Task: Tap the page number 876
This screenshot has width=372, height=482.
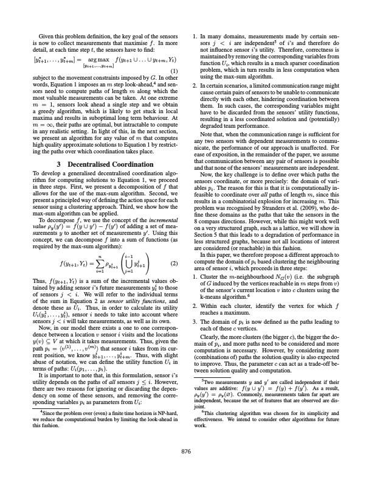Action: coord(186,450)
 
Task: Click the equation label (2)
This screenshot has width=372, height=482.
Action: coord(174,247)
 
